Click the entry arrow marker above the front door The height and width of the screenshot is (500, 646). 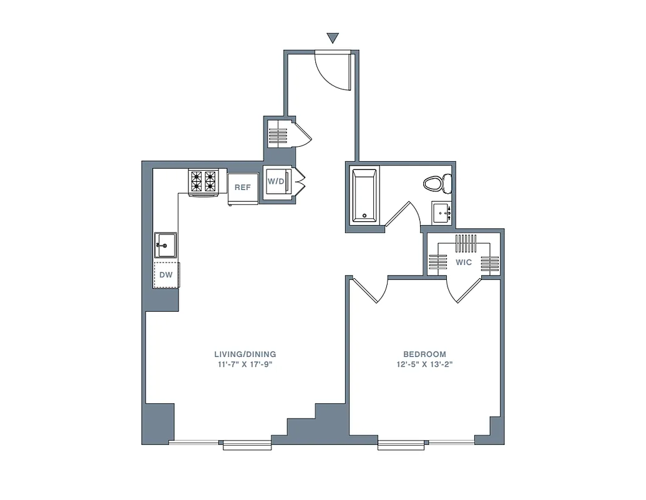333,38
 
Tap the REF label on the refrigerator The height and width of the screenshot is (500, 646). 242,187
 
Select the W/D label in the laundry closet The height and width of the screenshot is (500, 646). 275,182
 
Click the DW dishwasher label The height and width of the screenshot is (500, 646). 165,274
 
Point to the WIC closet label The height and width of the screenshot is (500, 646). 464,262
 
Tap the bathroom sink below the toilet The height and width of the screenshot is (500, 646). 443,213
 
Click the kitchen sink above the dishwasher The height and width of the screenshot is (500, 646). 166,244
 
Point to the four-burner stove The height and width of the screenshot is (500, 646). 203,181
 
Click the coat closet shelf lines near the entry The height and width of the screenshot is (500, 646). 278,135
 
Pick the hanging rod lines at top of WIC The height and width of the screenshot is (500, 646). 466,242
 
